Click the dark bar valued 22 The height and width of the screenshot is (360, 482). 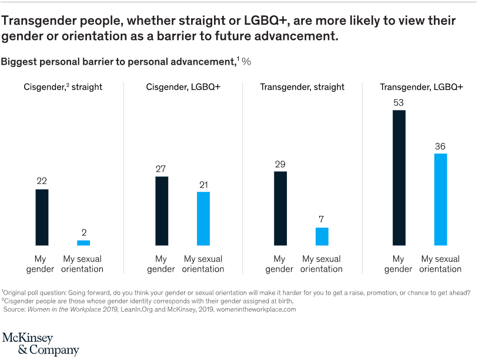coord(42,217)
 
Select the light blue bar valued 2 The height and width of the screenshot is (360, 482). coord(83,242)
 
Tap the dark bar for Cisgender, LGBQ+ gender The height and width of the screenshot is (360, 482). coord(162,211)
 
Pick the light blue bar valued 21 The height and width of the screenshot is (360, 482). coord(203,218)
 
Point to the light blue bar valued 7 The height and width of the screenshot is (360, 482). coord(322,236)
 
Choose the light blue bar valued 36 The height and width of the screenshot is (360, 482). coord(441,199)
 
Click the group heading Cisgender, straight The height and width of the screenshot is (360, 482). coord(63,87)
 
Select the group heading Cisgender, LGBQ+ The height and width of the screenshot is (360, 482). coord(183,87)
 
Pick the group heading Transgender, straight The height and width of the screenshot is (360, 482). coord(302,87)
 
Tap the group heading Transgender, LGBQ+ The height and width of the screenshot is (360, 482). coord(421,87)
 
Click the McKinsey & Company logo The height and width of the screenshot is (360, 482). coord(41,344)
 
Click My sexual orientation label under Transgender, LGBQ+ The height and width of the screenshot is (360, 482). coord(441,264)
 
